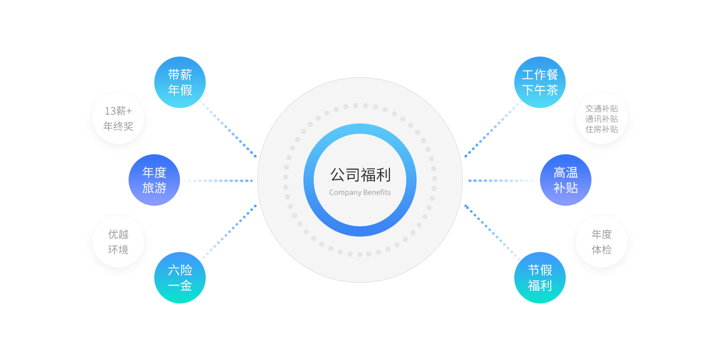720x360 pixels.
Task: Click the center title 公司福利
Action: pyautogui.click(x=360, y=175)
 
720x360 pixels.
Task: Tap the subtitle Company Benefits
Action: pyautogui.click(x=360, y=193)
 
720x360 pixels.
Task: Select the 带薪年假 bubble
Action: pyautogui.click(x=180, y=82)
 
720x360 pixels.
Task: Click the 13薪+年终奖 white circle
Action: pyautogui.click(x=118, y=118)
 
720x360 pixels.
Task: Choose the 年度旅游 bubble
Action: pyautogui.click(x=154, y=180)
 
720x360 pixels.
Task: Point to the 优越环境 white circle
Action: pyautogui.click(x=118, y=242)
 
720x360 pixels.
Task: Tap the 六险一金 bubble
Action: pyautogui.click(x=180, y=278)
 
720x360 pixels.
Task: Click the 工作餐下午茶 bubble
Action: pyautogui.click(x=539, y=82)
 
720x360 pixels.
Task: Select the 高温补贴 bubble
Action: pyautogui.click(x=566, y=180)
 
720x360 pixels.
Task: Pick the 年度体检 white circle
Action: pyautogui.click(x=602, y=242)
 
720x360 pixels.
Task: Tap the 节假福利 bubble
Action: pyautogui.click(x=540, y=278)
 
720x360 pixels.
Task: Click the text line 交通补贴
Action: pyautogui.click(x=602, y=109)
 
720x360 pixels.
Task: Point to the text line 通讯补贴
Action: pyautogui.click(x=602, y=119)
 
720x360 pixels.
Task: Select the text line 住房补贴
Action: pyautogui.click(x=602, y=129)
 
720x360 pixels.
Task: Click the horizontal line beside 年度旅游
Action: pyautogui.click(x=218, y=181)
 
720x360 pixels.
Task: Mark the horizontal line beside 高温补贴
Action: pyautogui.click(x=503, y=181)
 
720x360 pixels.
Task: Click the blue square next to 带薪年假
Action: pyautogui.click(x=225, y=126)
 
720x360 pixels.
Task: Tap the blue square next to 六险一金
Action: pyautogui.click(x=224, y=238)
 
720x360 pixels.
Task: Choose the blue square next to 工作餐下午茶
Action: pyautogui.click(x=496, y=126)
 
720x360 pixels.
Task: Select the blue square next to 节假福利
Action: pyautogui.click(x=497, y=238)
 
